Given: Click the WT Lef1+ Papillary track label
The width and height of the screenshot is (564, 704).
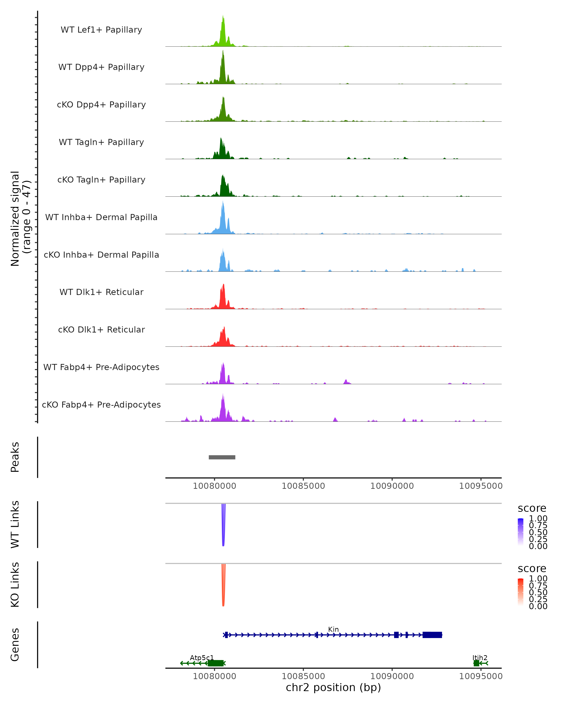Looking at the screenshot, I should (101, 30).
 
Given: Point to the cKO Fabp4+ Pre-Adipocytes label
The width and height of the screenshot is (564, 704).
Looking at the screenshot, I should (101, 405).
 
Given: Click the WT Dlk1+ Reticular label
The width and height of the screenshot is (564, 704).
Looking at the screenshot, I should (101, 292).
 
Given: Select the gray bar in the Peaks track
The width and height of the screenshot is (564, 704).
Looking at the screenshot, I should (222, 457).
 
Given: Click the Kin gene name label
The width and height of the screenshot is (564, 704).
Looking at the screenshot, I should (333, 629).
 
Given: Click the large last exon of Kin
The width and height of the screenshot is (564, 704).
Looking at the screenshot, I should (432, 635).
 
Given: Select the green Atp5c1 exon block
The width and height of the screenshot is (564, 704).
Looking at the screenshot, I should (216, 663).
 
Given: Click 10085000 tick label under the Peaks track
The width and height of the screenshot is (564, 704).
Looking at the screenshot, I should (303, 486).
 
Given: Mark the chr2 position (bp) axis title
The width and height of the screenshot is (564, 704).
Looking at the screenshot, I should (333, 687).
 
